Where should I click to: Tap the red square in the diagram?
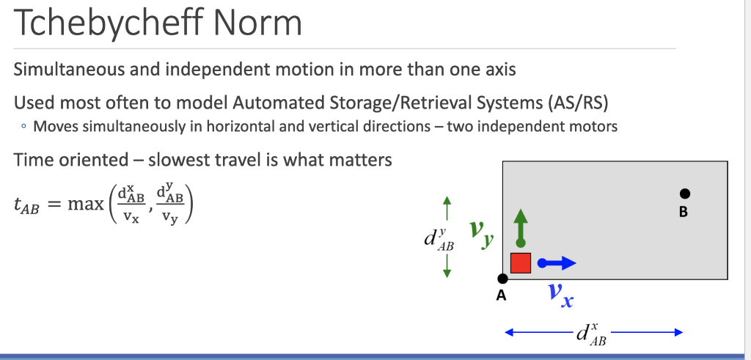coord(521,262)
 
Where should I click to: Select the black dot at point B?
coord(684,194)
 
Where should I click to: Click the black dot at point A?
coord(502,279)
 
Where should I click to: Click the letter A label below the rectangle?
coord(502,296)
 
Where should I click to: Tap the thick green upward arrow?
coord(521,227)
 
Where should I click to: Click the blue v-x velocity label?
coord(560,295)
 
